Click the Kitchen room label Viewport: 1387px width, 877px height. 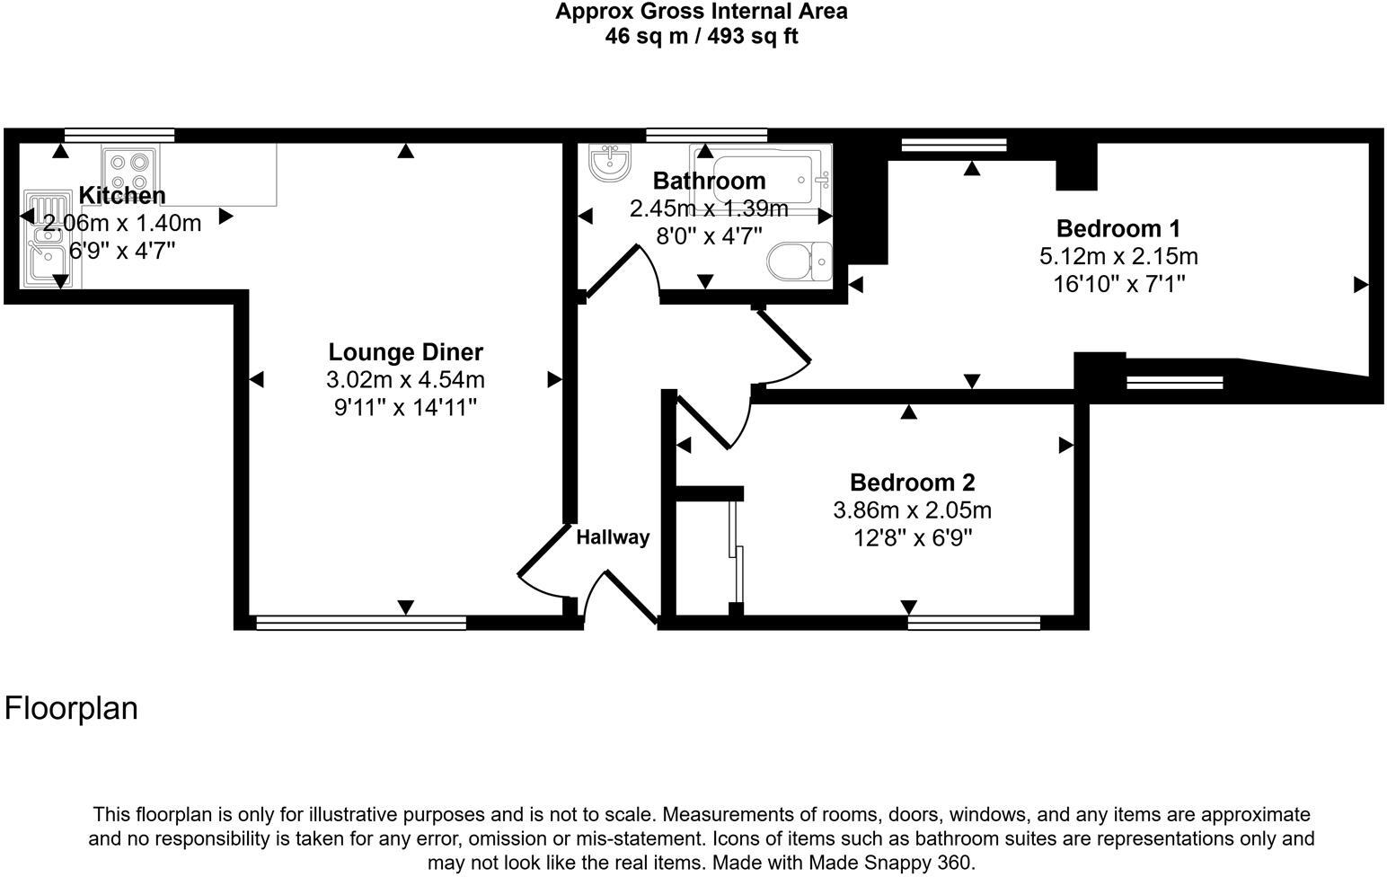click(x=122, y=195)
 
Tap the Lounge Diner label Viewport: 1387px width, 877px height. click(x=405, y=352)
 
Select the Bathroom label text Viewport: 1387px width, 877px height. click(x=709, y=181)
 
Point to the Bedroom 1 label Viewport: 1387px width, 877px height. click(x=1118, y=228)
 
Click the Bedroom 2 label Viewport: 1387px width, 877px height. click(x=912, y=482)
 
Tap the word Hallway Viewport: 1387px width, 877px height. click(x=613, y=537)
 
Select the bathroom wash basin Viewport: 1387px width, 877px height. click(x=610, y=163)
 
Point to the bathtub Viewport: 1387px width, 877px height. click(x=761, y=179)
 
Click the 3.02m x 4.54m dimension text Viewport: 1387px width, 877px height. click(x=405, y=380)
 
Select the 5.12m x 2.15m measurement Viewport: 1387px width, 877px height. click(x=1118, y=256)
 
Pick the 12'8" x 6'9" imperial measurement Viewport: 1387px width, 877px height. click(x=912, y=538)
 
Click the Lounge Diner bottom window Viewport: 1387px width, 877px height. click(x=361, y=623)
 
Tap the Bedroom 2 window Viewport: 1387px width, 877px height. click(x=974, y=623)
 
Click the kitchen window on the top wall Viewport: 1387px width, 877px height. click(x=119, y=135)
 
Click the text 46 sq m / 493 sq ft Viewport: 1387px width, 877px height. click(x=702, y=36)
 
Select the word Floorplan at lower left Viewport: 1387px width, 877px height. click(x=71, y=708)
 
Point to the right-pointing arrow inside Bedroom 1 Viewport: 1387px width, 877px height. click(x=1360, y=285)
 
